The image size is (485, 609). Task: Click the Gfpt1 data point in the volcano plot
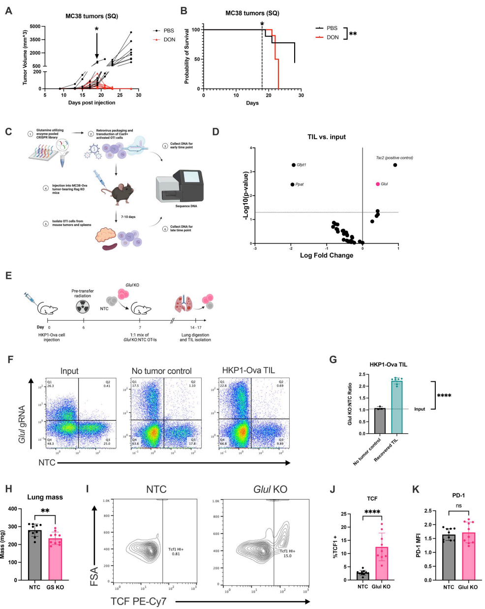coord(294,165)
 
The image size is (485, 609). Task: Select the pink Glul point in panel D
coord(378,184)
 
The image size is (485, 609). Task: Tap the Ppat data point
coord(293,184)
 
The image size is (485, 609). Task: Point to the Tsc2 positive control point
coord(395,165)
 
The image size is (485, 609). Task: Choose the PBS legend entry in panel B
coord(327,28)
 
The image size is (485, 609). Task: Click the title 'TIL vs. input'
coord(326,137)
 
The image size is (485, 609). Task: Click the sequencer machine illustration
coord(179,186)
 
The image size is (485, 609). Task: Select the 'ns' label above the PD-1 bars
coord(458,505)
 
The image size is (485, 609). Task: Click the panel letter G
coord(333,360)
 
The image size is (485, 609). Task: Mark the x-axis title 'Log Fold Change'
coord(326,255)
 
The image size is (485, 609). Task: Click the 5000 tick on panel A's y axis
coord(35,27)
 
